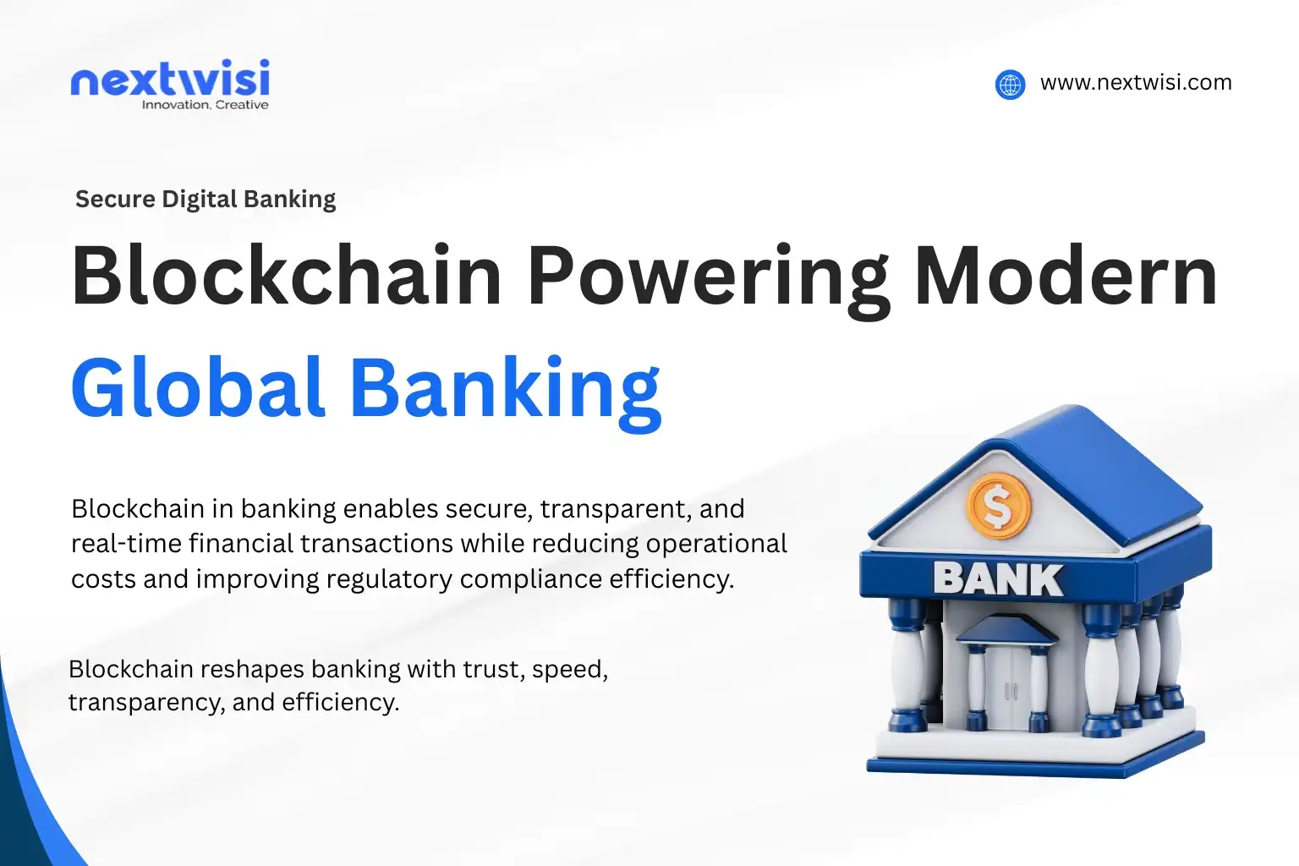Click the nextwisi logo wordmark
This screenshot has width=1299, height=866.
[x=170, y=79]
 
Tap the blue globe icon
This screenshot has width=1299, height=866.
[x=1010, y=85]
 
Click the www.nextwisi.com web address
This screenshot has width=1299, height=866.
[x=1135, y=83]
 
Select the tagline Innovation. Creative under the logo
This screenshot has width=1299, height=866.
[x=205, y=105]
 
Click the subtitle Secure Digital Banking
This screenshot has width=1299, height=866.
[x=206, y=200]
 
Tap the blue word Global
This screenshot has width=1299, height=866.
[x=198, y=388]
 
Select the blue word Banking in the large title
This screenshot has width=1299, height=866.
[x=505, y=390]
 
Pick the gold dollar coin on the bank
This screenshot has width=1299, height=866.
[x=998, y=507]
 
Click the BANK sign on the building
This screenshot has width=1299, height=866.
[x=998, y=580]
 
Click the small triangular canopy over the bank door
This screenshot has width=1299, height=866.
[x=1006, y=630]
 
